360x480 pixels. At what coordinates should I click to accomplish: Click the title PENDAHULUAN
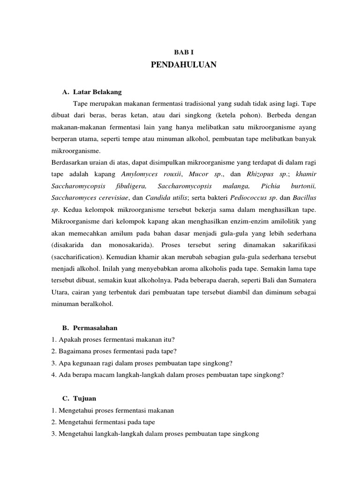tap(184, 65)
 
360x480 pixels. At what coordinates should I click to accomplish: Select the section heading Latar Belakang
tap(97, 92)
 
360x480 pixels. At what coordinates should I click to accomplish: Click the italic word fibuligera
tap(134, 186)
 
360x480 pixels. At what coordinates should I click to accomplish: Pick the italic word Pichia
tap(270, 186)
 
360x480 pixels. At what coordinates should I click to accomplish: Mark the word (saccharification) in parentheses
tap(77, 256)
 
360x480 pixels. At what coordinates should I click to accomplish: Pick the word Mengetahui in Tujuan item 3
tap(78, 434)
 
